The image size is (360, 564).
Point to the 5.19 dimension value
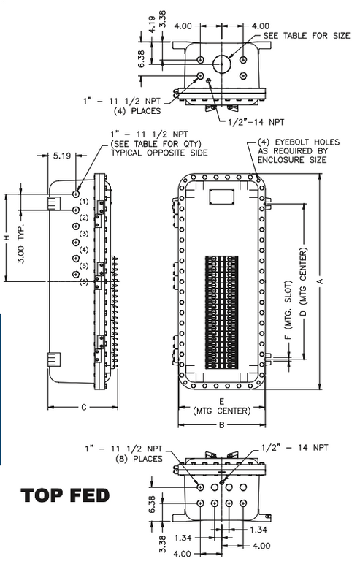click(61, 156)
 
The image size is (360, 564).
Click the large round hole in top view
click(221, 63)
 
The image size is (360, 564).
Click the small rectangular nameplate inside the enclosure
click(221, 197)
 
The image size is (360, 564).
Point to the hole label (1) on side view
click(83, 201)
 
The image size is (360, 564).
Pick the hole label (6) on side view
click(83, 281)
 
